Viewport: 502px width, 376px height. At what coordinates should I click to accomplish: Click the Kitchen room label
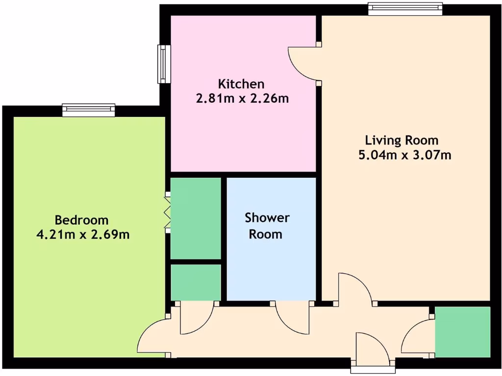241,84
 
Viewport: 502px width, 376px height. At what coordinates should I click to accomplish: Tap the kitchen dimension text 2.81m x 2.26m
242,99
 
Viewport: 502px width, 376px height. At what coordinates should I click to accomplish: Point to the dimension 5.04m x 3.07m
405,156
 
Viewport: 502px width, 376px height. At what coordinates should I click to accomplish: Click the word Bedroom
81,220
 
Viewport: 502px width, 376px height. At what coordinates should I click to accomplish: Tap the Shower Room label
267,226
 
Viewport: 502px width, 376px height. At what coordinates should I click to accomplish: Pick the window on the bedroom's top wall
88,110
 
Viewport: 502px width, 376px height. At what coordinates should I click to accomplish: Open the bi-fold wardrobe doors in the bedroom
168,211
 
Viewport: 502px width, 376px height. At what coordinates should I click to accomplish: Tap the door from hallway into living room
354,289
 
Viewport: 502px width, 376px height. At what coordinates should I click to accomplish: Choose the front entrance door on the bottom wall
373,349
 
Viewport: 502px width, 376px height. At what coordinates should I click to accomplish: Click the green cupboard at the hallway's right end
462,332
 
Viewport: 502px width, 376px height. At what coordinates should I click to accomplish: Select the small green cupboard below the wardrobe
195,282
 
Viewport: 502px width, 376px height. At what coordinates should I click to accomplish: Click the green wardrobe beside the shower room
195,218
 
